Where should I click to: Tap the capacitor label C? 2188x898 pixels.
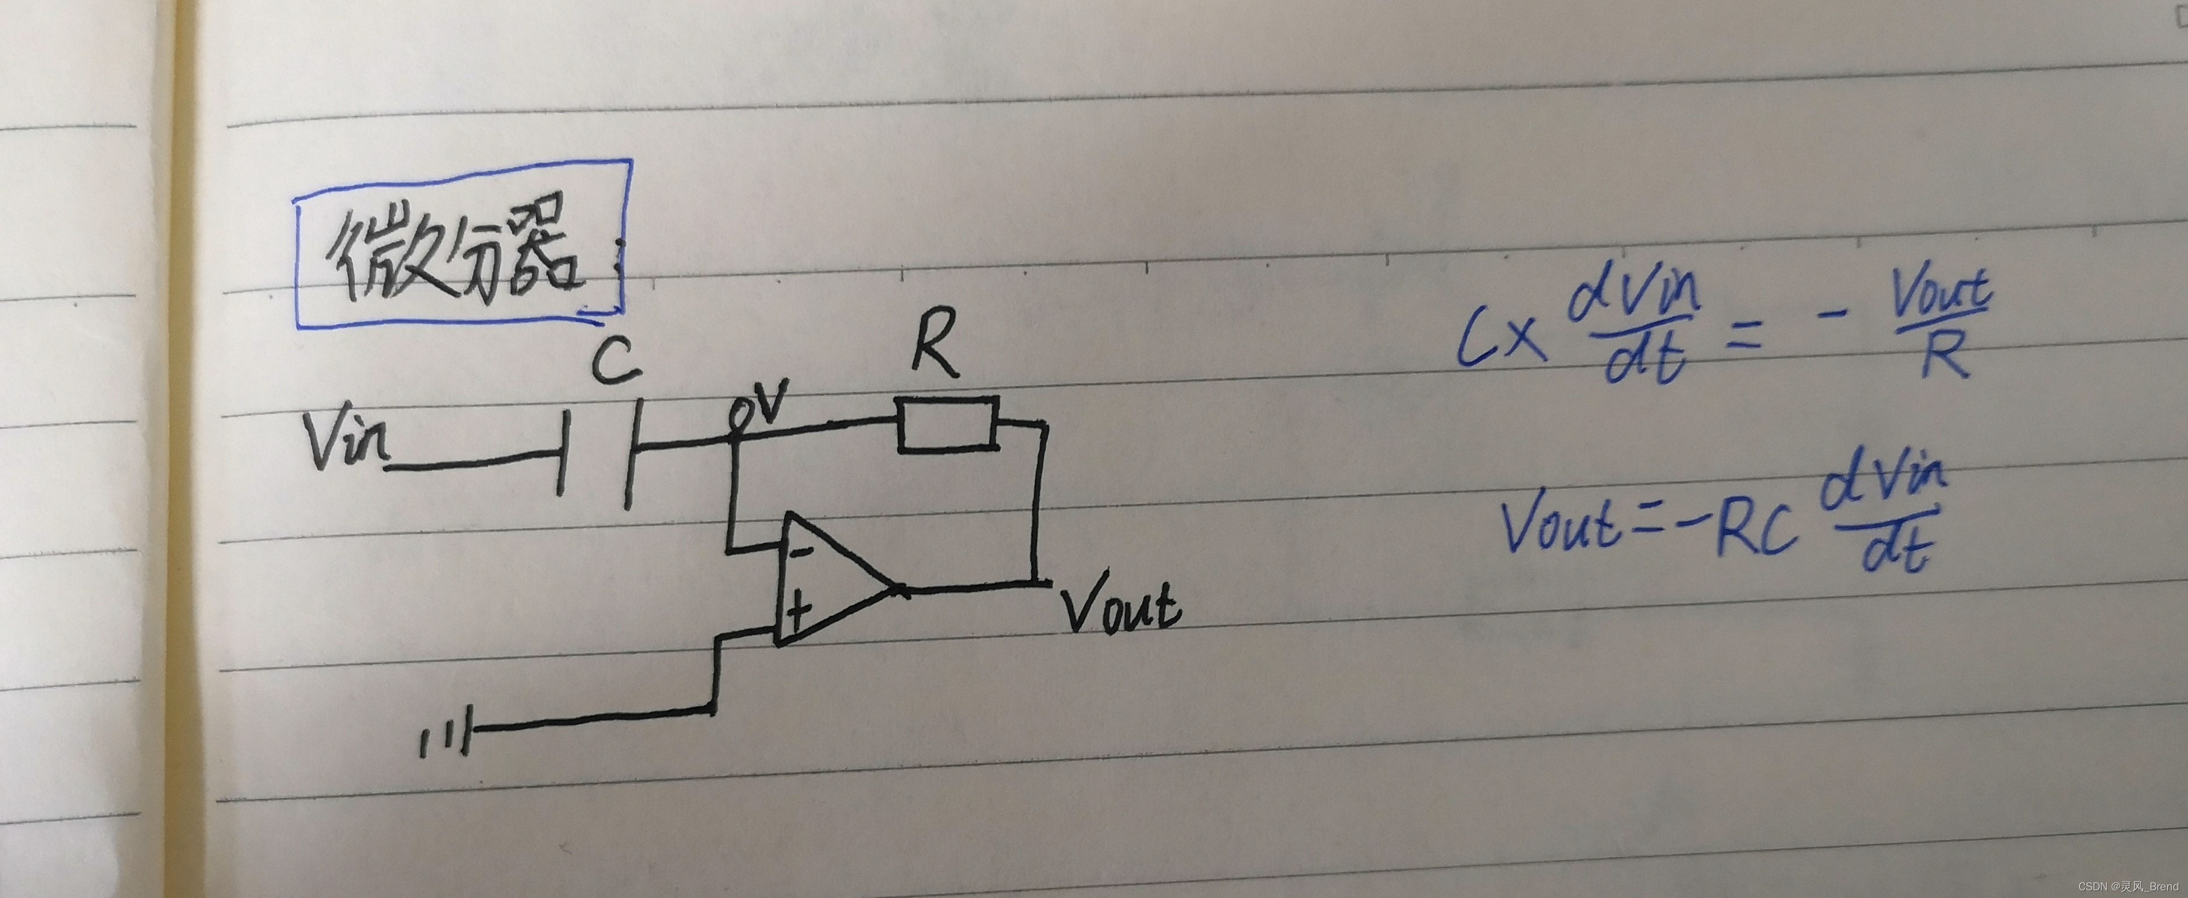pyautogui.click(x=616, y=361)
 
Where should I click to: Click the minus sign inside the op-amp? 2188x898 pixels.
pyautogui.click(x=800, y=553)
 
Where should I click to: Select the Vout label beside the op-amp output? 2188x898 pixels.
pyautogui.click(x=1120, y=605)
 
